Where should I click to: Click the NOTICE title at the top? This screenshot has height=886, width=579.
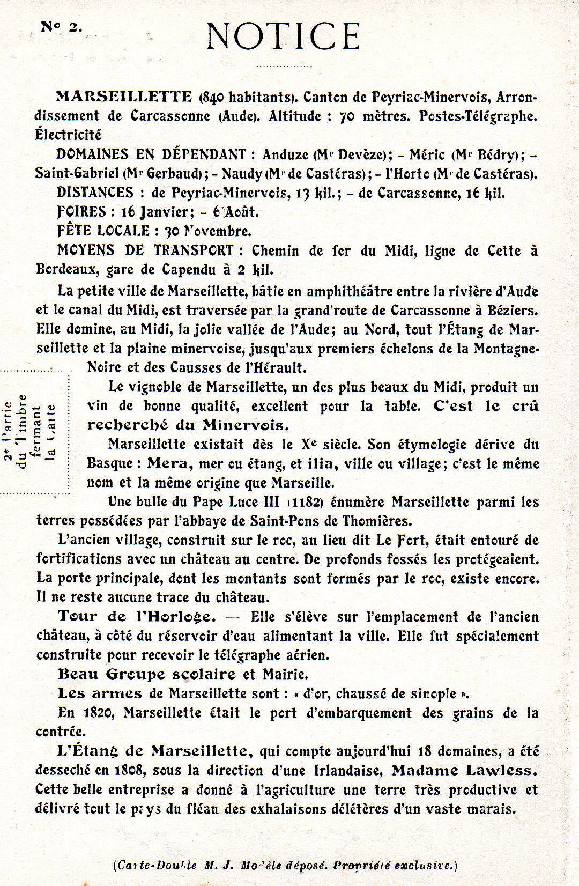click(x=283, y=36)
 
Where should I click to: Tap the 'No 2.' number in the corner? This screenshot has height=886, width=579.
click(x=62, y=27)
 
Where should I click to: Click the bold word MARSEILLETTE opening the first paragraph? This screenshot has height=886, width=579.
click(x=124, y=97)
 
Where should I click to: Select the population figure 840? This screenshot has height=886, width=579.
click(x=213, y=97)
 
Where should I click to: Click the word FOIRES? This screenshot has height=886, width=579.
click(x=81, y=212)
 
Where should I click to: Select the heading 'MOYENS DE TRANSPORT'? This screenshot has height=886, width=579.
click(x=145, y=250)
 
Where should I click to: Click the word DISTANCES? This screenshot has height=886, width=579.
click(x=95, y=193)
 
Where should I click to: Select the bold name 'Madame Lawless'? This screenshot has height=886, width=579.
click(x=464, y=770)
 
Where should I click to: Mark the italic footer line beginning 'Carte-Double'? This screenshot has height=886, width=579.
click(x=285, y=865)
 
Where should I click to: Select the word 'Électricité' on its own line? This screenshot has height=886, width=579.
click(x=68, y=135)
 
